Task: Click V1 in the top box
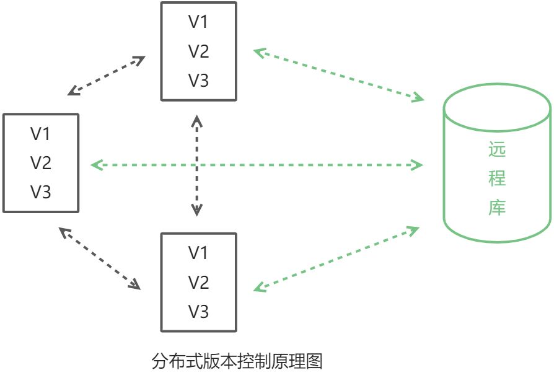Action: coord(198,22)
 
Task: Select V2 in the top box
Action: coord(198,51)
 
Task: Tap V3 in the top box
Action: coord(198,81)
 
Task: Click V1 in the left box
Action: coord(41,133)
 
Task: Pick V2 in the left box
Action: coord(41,163)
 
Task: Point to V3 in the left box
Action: coord(41,192)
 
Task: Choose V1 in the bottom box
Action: coord(198,253)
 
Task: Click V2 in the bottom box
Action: coord(198,283)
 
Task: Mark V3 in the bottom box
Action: coord(198,312)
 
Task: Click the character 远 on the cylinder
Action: coord(497,150)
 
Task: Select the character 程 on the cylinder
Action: coord(497,179)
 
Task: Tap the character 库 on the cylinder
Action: coord(497,208)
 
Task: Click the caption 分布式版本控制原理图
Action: coord(237,361)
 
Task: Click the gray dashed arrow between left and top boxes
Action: coord(106,76)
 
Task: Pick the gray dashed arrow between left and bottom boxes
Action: coord(99,258)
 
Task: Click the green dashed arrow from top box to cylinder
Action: coord(338,75)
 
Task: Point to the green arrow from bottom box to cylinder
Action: coord(336,259)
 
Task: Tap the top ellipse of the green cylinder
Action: coord(497,110)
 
